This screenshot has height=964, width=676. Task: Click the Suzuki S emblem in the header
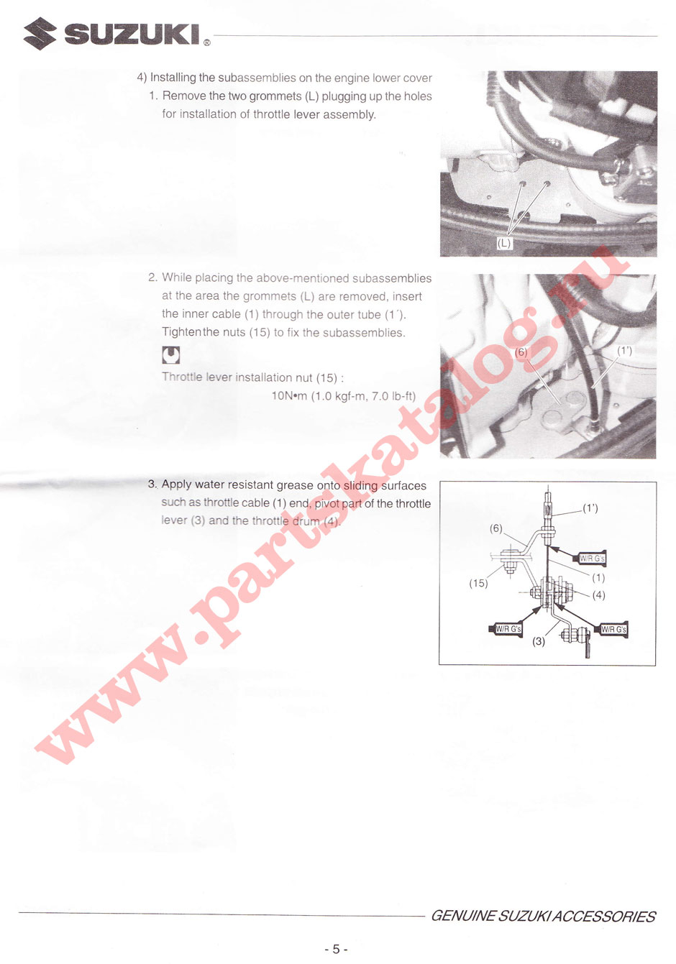click(40, 33)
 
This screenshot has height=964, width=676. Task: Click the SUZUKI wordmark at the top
click(132, 34)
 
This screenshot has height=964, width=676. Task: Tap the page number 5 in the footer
click(335, 949)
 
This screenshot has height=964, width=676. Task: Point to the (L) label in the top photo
click(504, 243)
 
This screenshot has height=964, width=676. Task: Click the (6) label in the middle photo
click(521, 352)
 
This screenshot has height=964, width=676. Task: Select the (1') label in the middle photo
click(625, 351)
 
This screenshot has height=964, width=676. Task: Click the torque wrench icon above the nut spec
click(170, 355)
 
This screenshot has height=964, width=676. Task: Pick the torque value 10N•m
click(289, 396)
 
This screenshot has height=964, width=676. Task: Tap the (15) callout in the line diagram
click(478, 583)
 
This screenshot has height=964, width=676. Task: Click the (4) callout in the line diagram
click(599, 595)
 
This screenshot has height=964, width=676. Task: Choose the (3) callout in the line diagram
click(539, 641)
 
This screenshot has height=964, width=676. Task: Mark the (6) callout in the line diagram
click(496, 528)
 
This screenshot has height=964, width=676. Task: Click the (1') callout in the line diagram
click(590, 508)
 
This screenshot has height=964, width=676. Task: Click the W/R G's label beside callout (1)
click(592, 559)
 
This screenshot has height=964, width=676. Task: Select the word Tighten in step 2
click(181, 332)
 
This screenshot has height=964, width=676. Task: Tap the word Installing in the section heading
click(173, 78)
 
